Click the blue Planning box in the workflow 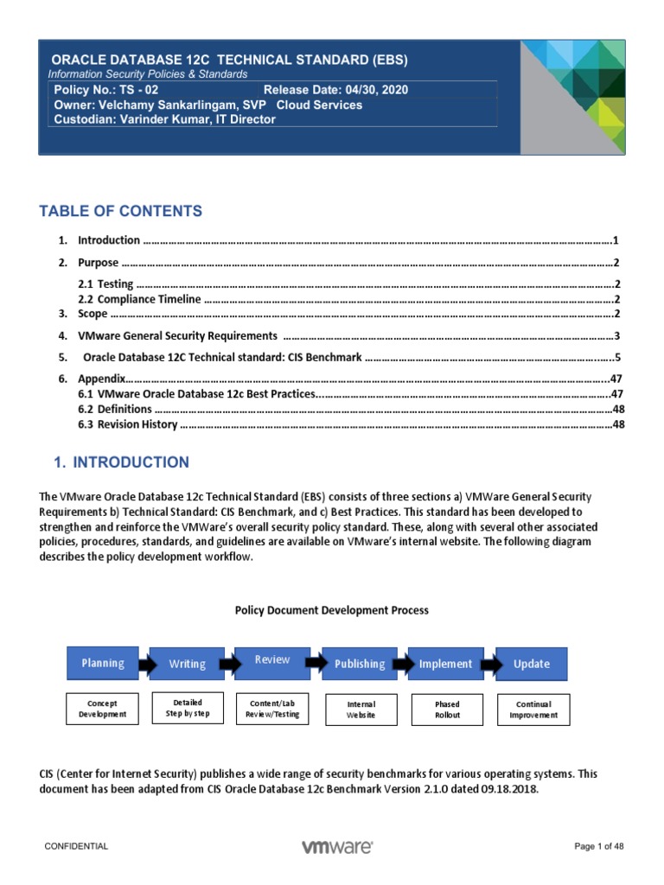pos(102,663)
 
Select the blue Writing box pos(187,664)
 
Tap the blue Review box pos(272,660)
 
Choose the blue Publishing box pos(360,664)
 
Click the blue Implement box pos(445,664)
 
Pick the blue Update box pos(532,664)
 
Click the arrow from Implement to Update pos(488,664)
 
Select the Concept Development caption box pos(102,709)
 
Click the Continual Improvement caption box pos(533,710)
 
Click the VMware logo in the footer pos(337,847)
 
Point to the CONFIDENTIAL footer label pos(77,847)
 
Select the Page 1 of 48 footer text pos(599,847)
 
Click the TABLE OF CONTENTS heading pos(121,211)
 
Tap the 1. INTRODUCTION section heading pos(121,462)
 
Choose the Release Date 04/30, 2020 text pos(335,90)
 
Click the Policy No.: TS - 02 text pos(106,90)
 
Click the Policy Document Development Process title pos(332,610)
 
